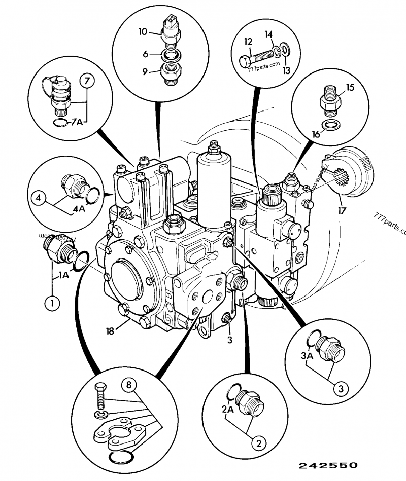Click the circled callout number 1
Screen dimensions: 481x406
click(x=51, y=304)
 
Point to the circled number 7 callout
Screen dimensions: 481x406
click(x=87, y=81)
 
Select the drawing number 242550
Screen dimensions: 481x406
click(x=328, y=465)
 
